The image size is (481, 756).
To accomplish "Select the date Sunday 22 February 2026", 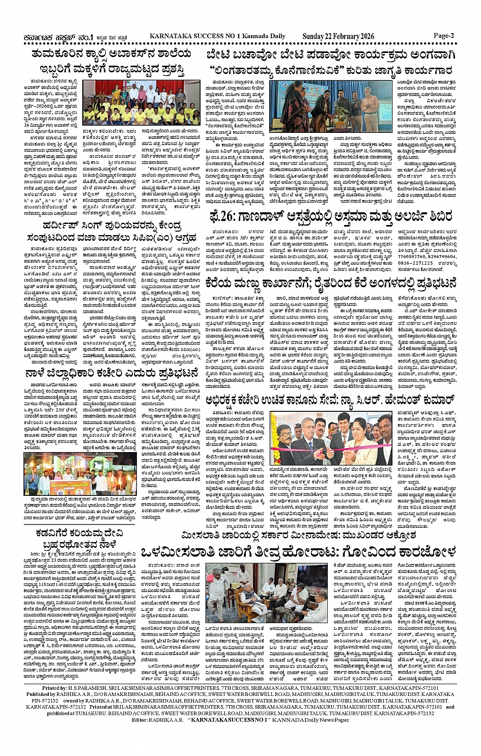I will click(338, 36).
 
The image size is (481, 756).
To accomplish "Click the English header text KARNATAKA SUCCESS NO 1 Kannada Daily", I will click(217, 36).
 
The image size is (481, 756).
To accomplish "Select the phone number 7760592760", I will click(411, 257).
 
